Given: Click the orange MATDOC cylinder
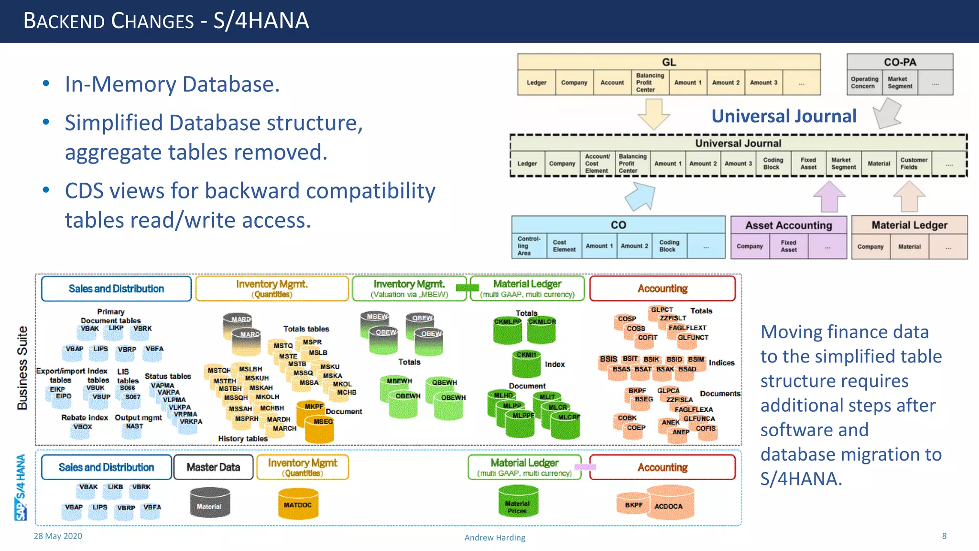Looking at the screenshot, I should click(298, 505).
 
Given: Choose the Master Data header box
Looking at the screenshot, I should click(213, 467).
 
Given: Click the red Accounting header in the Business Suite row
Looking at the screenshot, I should click(662, 288).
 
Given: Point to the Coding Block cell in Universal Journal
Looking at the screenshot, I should click(772, 164).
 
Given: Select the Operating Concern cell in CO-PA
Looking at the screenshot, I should click(864, 83).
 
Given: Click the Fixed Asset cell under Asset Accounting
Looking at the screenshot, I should click(788, 246).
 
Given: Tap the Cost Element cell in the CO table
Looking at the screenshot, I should click(564, 246).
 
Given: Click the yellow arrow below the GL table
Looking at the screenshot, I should click(653, 114).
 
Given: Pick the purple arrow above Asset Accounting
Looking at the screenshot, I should click(829, 196).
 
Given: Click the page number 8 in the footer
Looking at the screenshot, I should click(944, 536).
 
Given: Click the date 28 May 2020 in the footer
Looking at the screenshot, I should click(58, 536).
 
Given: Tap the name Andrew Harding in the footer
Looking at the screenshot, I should click(495, 538).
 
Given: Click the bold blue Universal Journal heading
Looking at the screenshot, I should click(783, 116).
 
